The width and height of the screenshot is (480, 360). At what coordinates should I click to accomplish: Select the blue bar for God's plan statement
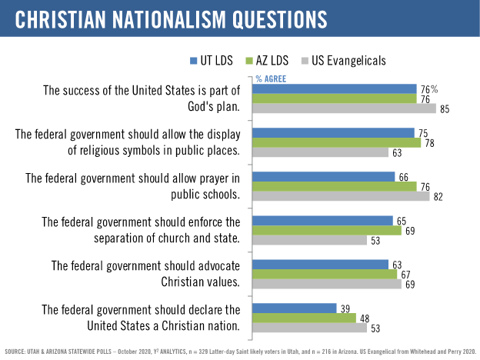point(335,88)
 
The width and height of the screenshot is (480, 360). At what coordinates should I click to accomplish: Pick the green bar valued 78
point(337,142)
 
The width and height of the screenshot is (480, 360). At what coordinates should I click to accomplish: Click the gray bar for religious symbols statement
point(321,152)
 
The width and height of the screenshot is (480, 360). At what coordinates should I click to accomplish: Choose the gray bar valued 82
point(342,196)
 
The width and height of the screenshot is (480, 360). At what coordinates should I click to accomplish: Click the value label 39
point(345,308)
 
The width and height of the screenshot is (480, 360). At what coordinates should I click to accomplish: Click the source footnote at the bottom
point(240,352)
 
